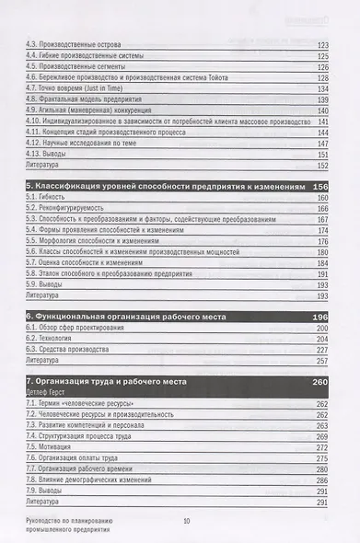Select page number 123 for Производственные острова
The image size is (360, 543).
coord(321,44)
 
